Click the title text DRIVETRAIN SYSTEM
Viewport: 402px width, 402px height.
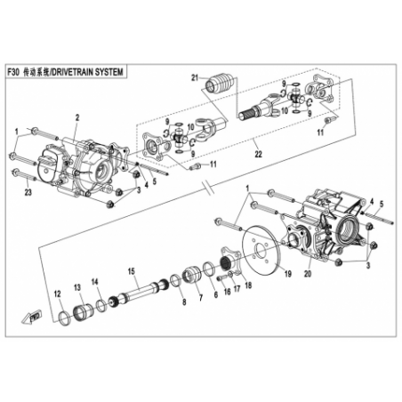click(87, 72)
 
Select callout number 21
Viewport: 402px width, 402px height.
click(195, 78)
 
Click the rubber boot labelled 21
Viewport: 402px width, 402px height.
click(221, 83)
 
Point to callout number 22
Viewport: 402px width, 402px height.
click(259, 154)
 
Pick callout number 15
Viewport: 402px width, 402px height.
click(131, 271)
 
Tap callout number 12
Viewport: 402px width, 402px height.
click(57, 293)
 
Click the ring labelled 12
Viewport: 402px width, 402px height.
click(65, 318)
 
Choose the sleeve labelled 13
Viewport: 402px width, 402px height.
click(83, 312)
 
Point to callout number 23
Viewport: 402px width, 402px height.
click(28, 193)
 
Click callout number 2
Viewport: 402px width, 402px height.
click(77, 117)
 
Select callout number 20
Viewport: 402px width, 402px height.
click(308, 274)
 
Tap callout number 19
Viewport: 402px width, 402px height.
click(287, 274)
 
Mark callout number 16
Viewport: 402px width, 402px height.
click(227, 292)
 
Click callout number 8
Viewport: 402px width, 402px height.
click(184, 302)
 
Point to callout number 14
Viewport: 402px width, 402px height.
click(94, 281)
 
